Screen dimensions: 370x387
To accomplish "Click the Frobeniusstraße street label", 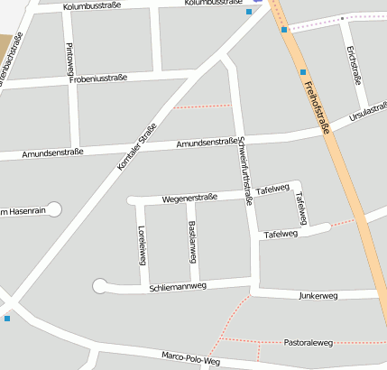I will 98,79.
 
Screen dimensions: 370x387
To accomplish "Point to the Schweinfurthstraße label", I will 244,170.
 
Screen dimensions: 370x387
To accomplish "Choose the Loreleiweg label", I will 142,245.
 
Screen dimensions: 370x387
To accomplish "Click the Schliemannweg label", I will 178,287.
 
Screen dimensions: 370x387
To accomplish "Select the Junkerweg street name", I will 318,295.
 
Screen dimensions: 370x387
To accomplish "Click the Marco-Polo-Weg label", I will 190,358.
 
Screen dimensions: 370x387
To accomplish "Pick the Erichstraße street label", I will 354,65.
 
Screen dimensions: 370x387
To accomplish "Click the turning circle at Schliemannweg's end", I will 100,287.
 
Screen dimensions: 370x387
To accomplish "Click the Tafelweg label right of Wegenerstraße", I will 272,190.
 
